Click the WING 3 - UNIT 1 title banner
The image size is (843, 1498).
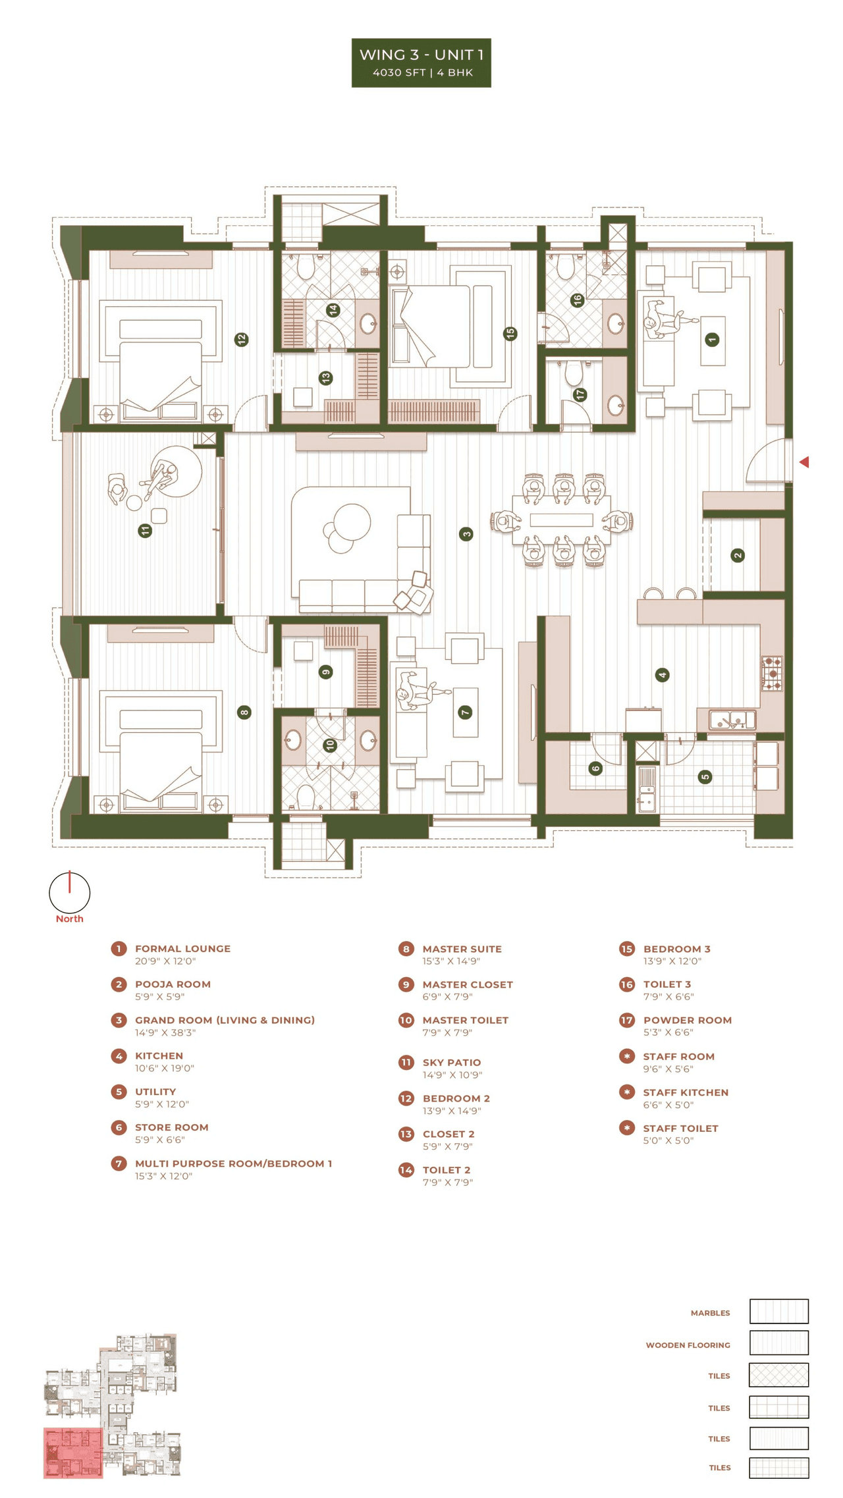[421, 63]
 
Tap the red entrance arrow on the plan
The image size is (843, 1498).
[804, 462]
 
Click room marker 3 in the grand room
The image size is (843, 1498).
[466, 534]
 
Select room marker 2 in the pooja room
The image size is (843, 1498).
[738, 555]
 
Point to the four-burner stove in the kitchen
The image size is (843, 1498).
[772, 673]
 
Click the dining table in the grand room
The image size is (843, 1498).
[561, 520]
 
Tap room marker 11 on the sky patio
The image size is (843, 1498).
[146, 530]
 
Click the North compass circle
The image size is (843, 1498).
[69, 892]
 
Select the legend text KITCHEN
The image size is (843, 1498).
[159, 1056]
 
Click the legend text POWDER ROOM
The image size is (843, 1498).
[687, 1020]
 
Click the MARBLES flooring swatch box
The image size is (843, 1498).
[778, 1311]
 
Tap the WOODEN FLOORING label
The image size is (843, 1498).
[688, 1345]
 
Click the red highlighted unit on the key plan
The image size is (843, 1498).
[73, 1453]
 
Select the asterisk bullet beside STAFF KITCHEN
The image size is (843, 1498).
[626, 1092]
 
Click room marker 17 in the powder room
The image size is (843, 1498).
[580, 394]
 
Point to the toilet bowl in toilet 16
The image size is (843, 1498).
[565, 266]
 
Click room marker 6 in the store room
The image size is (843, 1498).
[595, 768]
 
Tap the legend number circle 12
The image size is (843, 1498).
[406, 1098]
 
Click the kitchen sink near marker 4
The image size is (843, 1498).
[732, 719]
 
